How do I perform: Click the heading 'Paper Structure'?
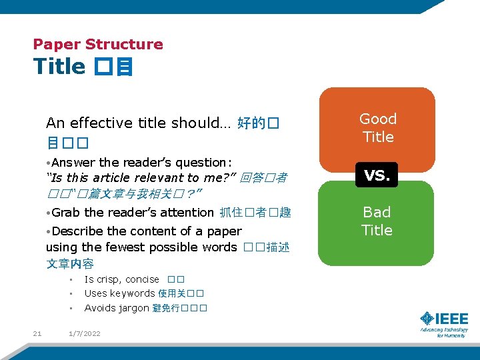(98, 45)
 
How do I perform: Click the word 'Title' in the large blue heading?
(59, 67)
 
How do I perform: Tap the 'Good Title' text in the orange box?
(377, 128)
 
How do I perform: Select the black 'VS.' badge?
(377, 175)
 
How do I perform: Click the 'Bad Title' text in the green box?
(377, 221)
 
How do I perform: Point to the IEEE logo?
(444, 323)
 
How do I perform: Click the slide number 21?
(37, 333)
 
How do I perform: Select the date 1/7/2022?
(85, 333)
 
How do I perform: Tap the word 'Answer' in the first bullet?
(73, 163)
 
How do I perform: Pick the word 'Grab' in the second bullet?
(66, 213)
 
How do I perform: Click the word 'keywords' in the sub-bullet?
(132, 293)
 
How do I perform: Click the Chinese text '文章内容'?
(70, 264)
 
